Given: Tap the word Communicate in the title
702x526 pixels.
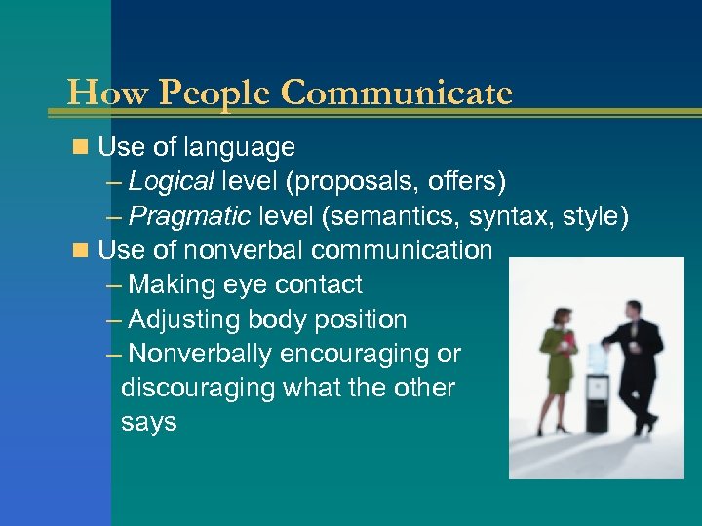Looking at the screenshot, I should click(395, 94).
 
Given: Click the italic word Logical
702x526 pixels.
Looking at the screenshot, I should click(171, 182).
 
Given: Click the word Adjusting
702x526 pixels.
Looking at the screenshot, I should click(184, 319).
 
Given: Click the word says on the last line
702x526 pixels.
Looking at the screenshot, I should click(148, 423).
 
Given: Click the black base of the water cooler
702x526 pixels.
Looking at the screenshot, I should click(597, 414).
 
